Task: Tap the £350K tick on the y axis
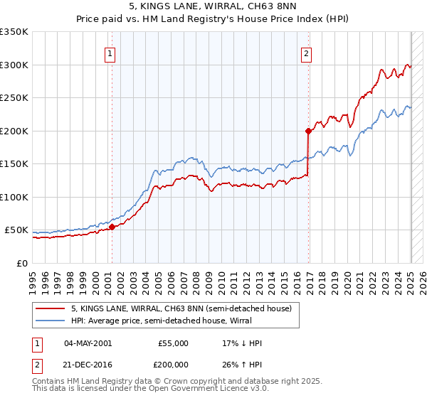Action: click(14, 32)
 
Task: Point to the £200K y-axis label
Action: click(14, 131)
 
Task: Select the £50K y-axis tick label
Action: click(16, 230)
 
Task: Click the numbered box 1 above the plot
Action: click(111, 53)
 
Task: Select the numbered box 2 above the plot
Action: click(306, 53)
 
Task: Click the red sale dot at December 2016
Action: click(308, 131)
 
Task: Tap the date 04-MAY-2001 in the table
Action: click(88, 343)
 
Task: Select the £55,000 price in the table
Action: click(173, 343)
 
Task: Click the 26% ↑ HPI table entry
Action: click(242, 363)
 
